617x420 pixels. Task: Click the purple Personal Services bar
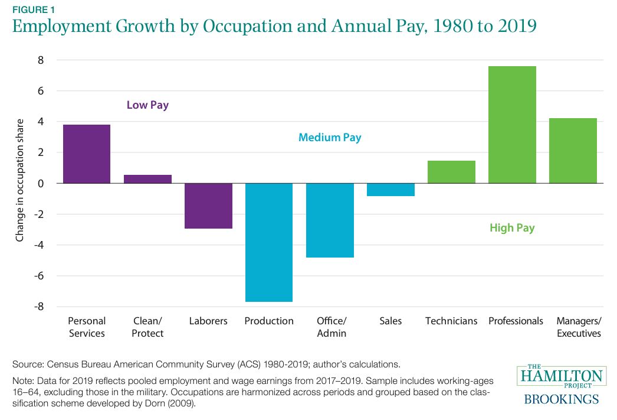click(86, 154)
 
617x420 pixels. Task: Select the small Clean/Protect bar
click(147, 179)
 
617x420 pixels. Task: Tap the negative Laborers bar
click(208, 206)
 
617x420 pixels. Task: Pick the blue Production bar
click(269, 242)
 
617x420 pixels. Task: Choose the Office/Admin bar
click(330, 220)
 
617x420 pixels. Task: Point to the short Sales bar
click(390, 190)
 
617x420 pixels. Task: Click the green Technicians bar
click(451, 172)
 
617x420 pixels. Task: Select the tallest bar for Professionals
click(512, 125)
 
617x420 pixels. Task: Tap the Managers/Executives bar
click(573, 151)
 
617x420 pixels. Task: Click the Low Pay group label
click(147, 106)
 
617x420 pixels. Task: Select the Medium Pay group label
click(330, 138)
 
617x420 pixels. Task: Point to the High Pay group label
click(512, 228)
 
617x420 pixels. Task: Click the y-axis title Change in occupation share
click(20, 183)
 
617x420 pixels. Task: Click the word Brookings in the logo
click(561, 399)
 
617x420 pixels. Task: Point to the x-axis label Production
click(269, 321)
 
